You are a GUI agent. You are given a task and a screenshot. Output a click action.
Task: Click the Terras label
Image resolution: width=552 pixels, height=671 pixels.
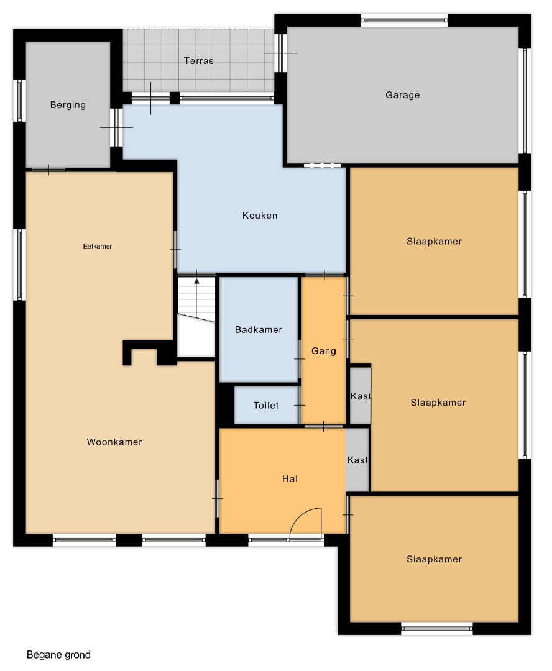199,61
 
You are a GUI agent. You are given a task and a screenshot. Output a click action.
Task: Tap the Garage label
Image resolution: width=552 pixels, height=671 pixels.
403,95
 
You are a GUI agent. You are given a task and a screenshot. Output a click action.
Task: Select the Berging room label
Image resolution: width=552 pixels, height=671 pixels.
68,105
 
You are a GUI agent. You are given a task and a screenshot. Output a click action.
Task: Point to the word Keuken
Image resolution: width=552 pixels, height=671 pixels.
260,215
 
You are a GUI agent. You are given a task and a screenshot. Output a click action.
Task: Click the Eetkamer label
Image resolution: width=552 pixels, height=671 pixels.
98,246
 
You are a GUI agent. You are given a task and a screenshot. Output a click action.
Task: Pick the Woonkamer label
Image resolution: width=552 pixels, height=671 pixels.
114,442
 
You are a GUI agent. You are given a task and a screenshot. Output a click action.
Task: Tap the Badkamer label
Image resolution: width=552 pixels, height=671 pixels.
259,329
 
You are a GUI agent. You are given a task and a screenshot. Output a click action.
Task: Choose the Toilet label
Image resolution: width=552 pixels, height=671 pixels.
266,405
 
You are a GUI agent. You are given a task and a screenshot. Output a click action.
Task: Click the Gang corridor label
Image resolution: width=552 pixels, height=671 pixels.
324,351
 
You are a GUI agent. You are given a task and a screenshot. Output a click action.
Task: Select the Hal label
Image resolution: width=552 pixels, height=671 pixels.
290,479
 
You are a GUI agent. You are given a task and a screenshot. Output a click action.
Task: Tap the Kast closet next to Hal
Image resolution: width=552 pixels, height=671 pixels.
357,460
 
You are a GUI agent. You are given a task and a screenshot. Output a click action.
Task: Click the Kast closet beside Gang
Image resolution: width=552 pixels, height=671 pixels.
361,396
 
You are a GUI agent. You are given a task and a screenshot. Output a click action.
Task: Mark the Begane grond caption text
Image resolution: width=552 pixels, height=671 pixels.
58,655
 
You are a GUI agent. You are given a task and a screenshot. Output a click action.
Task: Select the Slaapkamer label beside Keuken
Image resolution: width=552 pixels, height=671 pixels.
435,241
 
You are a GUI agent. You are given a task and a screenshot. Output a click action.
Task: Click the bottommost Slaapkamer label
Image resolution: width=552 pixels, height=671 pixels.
435,559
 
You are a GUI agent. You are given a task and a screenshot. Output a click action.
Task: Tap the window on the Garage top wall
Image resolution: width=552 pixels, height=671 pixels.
404,20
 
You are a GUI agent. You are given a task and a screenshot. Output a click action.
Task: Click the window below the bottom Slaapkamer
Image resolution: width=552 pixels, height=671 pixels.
437,628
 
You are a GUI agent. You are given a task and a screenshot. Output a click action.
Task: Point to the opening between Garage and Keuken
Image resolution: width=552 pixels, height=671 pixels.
323,165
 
